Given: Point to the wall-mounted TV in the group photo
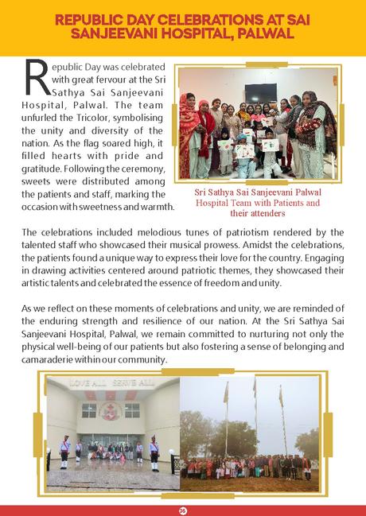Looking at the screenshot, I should click(x=260, y=92).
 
